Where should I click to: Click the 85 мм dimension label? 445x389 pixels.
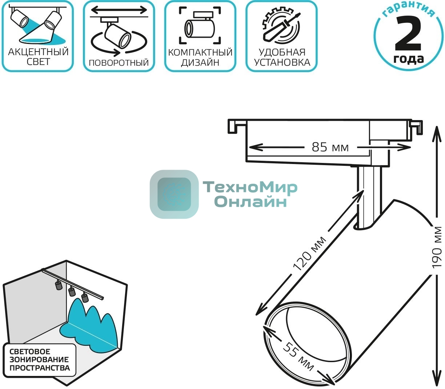pos(330,147)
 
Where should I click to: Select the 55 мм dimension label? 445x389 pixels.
pos(298,357)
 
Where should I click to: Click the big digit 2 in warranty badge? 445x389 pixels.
pos(408,34)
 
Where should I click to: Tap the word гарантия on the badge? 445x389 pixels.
pos(409,10)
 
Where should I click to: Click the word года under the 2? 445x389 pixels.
pos(409,59)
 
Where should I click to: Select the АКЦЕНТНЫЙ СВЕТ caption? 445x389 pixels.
pos(38,57)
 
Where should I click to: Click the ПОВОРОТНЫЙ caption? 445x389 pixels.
pos(119,62)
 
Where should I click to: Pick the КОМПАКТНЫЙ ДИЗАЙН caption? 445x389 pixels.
pos(200,57)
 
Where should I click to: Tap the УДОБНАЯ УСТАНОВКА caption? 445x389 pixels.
pos(282,57)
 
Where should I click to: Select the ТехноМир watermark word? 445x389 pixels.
pos(250,187)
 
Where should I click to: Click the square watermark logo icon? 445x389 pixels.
pos(174,194)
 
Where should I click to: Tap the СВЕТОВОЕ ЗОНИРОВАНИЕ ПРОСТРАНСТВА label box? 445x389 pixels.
pos(39,360)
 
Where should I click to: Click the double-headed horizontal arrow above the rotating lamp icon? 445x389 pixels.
pos(119,10)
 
